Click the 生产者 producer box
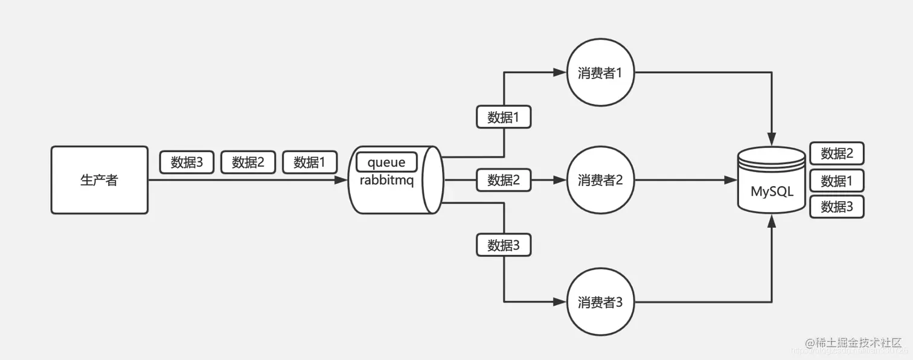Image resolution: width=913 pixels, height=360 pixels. tap(100, 180)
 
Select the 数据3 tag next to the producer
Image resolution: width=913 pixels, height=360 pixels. tap(187, 162)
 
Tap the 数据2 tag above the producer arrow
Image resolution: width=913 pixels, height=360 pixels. tap(248, 162)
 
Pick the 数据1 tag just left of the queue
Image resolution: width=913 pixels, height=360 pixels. tap(310, 162)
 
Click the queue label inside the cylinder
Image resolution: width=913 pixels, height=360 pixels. tap(386, 162)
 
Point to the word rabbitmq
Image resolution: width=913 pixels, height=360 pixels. tap(386, 180)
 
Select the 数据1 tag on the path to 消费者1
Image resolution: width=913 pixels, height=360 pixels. tap(504, 117)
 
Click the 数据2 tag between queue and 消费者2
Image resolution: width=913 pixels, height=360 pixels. tap(504, 180)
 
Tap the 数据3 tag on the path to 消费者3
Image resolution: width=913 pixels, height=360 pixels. tap(504, 245)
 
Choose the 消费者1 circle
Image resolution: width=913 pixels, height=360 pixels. tap(600, 73)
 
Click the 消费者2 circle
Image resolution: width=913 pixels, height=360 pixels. tap(600, 180)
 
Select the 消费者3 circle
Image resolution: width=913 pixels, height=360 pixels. tap(600, 302)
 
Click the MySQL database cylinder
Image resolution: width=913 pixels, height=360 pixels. tap(772, 181)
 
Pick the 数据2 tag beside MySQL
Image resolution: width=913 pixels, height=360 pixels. tap(837, 153)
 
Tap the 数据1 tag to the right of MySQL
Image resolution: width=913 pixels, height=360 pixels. tap(837, 181)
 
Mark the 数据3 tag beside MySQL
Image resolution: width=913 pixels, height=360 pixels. tap(837, 207)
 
